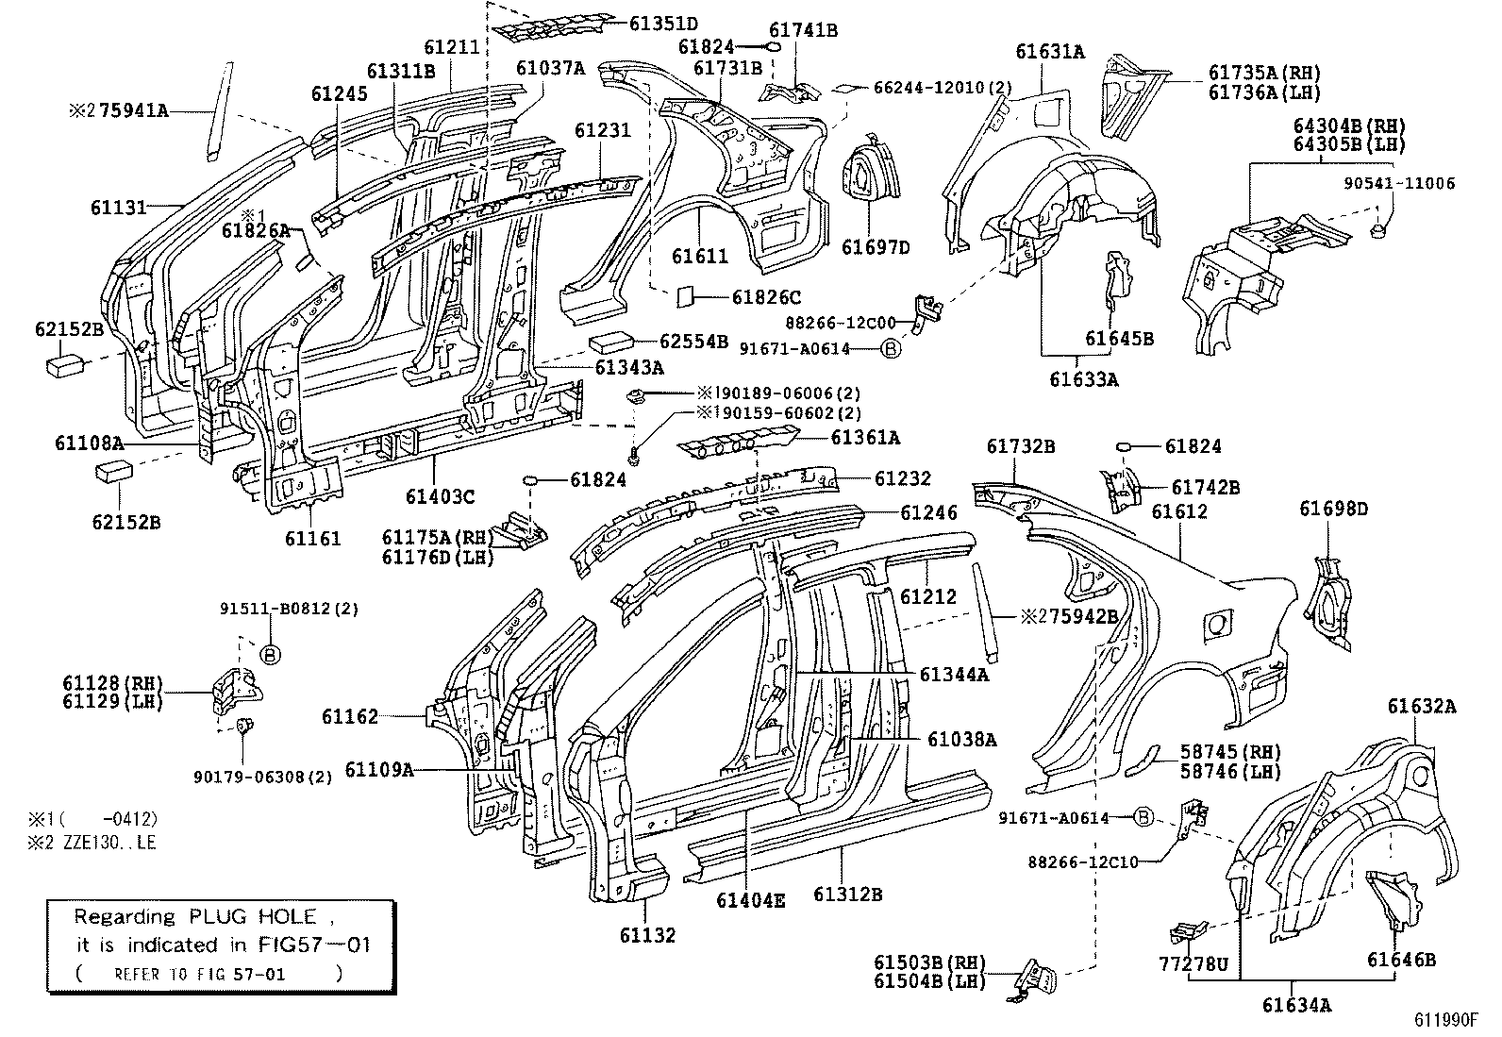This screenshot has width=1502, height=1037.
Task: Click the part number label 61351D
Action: (x=662, y=24)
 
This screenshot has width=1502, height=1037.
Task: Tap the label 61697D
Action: (x=876, y=248)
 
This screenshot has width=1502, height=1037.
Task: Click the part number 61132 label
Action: (x=647, y=936)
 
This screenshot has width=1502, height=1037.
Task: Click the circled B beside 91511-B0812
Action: (x=270, y=653)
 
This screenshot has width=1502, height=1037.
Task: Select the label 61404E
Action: (x=749, y=900)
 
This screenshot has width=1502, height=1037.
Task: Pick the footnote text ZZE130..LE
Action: (x=104, y=843)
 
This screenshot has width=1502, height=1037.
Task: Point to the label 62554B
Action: (x=693, y=342)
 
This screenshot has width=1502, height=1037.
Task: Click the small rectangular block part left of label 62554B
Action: (x=611, y=341)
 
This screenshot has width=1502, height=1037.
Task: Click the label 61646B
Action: (x=1401, y=961)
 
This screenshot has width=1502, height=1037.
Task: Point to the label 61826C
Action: (x=766, y=296)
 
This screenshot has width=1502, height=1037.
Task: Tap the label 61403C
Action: (x=441, y=496)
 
